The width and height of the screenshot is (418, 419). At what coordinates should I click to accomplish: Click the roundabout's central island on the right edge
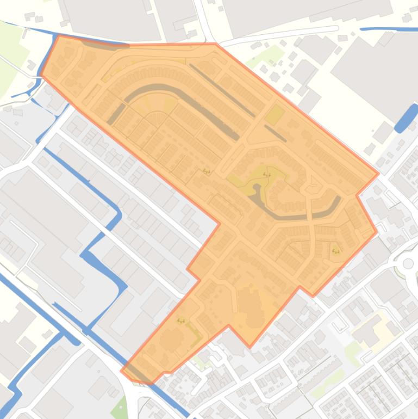408,263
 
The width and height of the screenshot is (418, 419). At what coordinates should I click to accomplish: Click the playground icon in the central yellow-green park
266,175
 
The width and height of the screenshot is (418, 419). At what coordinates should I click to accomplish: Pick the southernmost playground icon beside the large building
181,321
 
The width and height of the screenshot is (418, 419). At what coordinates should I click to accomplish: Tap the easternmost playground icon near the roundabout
335,251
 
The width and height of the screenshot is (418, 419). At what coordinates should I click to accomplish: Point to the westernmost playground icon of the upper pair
207,171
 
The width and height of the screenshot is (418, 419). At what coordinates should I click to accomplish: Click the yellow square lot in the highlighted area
275,115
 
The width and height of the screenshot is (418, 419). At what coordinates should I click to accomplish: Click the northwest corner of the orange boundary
58,36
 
